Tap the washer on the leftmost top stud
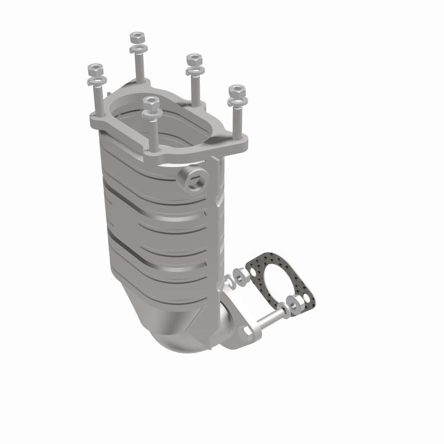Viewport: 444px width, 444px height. coord(96,82)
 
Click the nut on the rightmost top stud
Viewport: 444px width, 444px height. coord(237,90)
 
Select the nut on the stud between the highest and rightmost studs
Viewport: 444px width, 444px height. coord(193,59)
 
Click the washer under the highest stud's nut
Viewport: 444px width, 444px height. coord(137,49)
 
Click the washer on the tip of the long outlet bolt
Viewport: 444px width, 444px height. coord(284,310)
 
